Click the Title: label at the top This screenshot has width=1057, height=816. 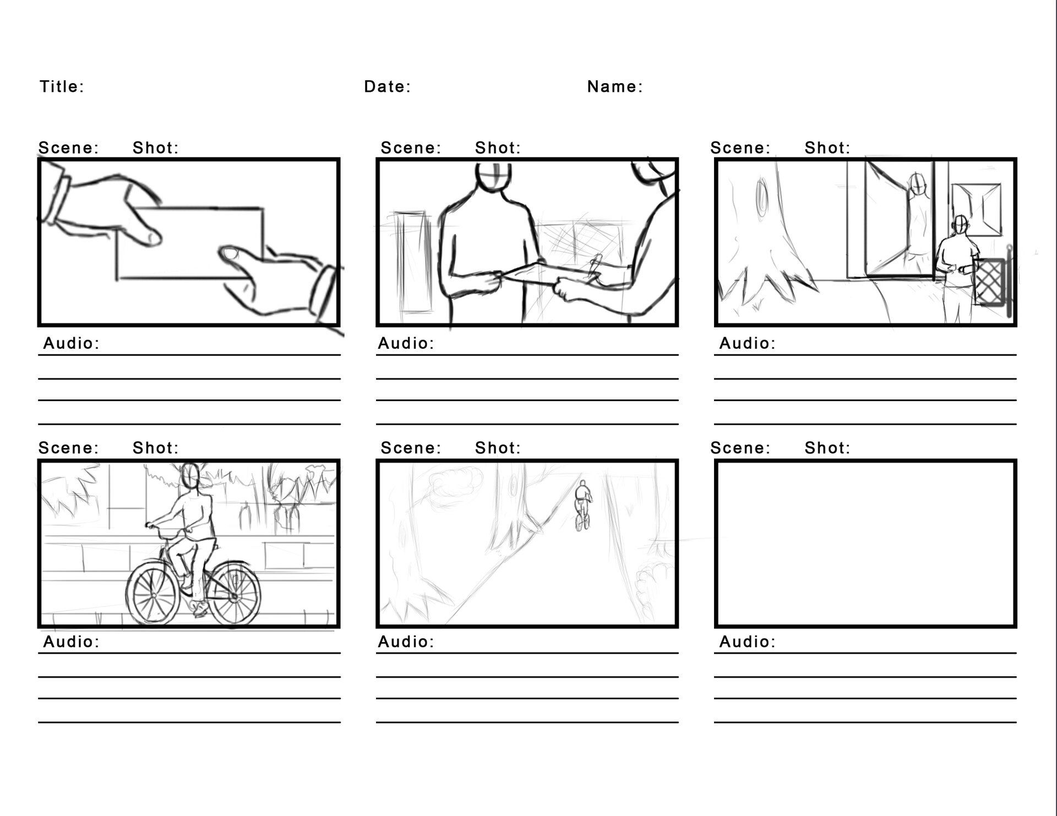(x=62, y=87)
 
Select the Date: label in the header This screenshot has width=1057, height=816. (x=387, y=87)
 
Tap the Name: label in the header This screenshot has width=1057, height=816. (x=614, y=87)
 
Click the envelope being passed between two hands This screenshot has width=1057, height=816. (x=190, y=244)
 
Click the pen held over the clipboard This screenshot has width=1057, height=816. (x=595, y=266)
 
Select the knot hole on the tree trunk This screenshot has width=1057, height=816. (x=761, y=197)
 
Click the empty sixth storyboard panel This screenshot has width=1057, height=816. (x=865, y=544)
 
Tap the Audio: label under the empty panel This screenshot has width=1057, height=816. (x=747, y=642)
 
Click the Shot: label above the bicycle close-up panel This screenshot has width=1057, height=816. (x=155, y=448)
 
